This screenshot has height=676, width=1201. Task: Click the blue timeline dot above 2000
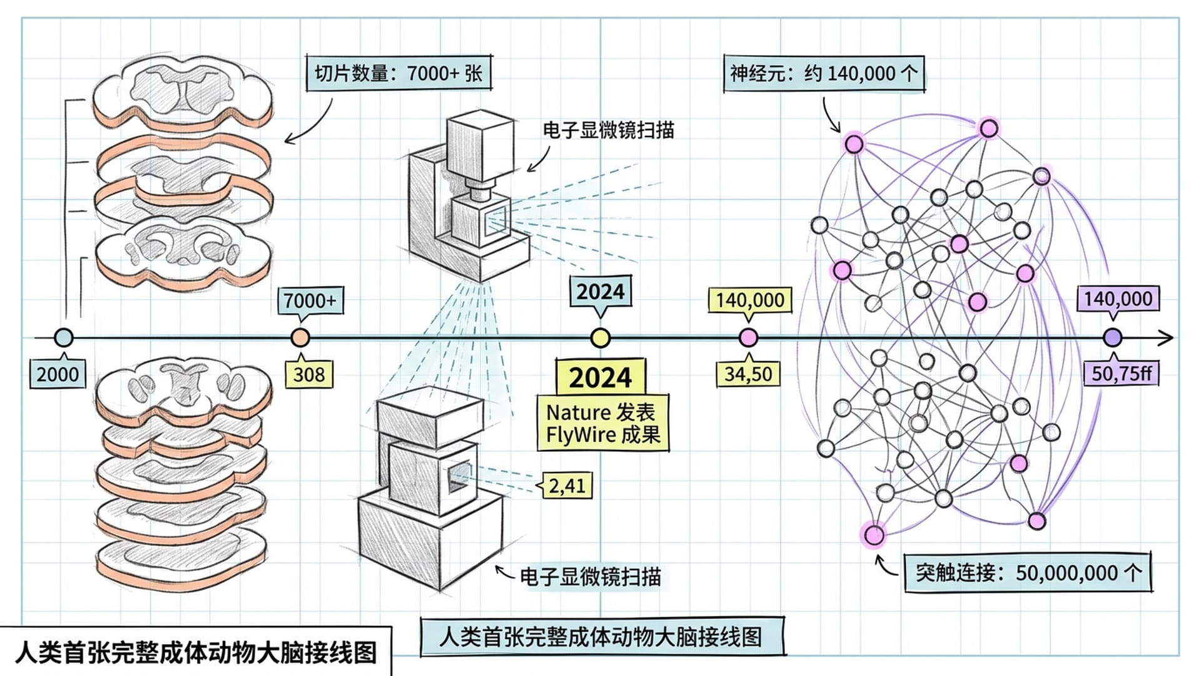pos(63,338)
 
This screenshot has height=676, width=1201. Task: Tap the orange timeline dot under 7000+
pos(300,338)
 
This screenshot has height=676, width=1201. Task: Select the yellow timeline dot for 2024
pos(600,338)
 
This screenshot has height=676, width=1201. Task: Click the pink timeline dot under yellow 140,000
pos(748,338)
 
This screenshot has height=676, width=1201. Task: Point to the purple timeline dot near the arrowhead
pos(1112,338)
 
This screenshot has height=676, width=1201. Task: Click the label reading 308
pos(309,374)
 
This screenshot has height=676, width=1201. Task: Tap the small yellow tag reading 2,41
pos(567,485)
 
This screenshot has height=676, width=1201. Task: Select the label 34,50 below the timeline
pos(748,374)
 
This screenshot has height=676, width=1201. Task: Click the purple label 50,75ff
pos(1122,373)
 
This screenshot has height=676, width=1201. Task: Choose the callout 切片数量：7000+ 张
pos(398,73)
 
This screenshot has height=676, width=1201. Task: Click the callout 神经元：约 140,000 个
pos(824,74)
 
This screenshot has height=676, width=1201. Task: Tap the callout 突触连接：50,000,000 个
pos(1028,573)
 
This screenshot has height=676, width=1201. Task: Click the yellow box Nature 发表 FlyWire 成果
pos(602,423)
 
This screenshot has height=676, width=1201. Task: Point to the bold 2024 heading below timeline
pos(600,377)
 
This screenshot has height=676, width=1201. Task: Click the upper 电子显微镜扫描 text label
pos(608,130)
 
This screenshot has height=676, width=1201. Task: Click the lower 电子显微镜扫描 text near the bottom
pos(590,576)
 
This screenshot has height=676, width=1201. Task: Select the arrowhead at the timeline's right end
pos(1167,338)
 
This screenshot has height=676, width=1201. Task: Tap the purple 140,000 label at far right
pos(1118,299)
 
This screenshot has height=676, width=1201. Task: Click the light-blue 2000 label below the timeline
pos(58,374)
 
